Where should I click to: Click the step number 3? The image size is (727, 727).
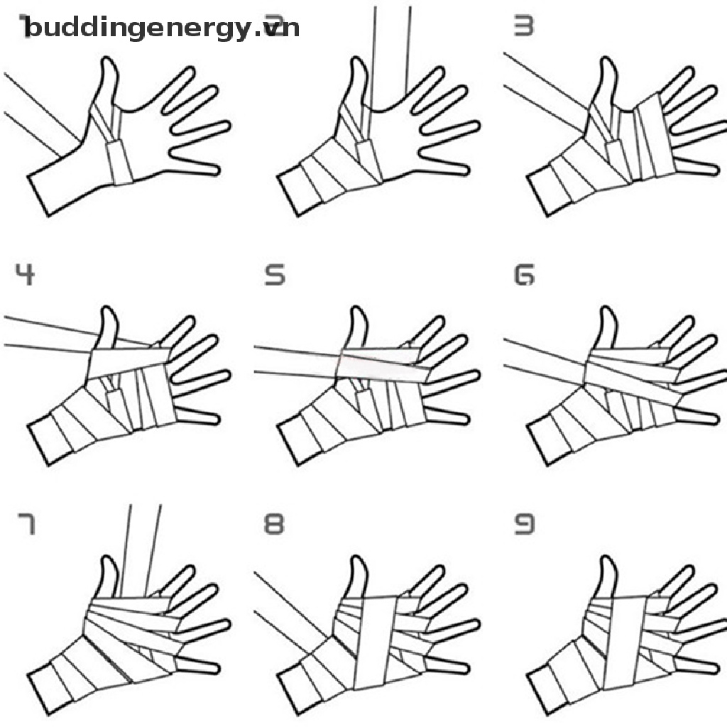[x=524, y=26]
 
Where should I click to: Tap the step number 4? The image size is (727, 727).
[x=25, y=274]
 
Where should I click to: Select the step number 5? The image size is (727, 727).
[x=275, y=274]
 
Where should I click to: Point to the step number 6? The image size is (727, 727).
[x=524, y=274]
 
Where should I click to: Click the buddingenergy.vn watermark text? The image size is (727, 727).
[x=160, y=28]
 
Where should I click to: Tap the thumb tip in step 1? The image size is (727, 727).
[x=108, y=65]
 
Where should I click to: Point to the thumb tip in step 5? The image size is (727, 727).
[x=358, y=314]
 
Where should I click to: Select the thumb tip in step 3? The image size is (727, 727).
[x=608, y=65]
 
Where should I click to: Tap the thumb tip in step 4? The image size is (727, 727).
[x=108, y=314]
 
